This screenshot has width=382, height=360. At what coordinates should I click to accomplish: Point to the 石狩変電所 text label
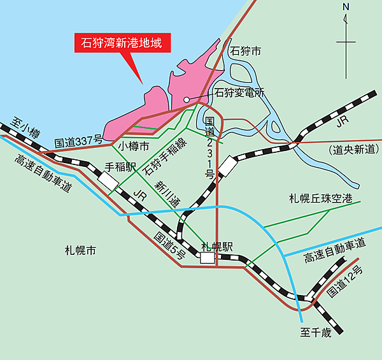pos(239,93)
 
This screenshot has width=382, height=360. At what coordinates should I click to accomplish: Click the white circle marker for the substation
pos(187,100)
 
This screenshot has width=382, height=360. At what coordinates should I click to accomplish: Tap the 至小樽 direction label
pos(26,126)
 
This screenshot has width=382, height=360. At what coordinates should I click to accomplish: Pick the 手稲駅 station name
pos(122,168)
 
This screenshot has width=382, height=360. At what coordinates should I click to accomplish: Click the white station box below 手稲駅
pos(108,182)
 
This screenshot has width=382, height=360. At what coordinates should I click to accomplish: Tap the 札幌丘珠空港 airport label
pos(320,199)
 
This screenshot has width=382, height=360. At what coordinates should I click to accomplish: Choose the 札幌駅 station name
pos(215,245)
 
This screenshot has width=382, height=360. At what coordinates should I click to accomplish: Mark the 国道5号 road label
pos(170,246)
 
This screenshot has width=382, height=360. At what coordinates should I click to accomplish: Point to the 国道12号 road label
pos(344,284)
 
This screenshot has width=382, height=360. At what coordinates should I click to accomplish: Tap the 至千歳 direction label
pos(316,332)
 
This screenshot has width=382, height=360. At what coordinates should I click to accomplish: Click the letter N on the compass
pos(346,8)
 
